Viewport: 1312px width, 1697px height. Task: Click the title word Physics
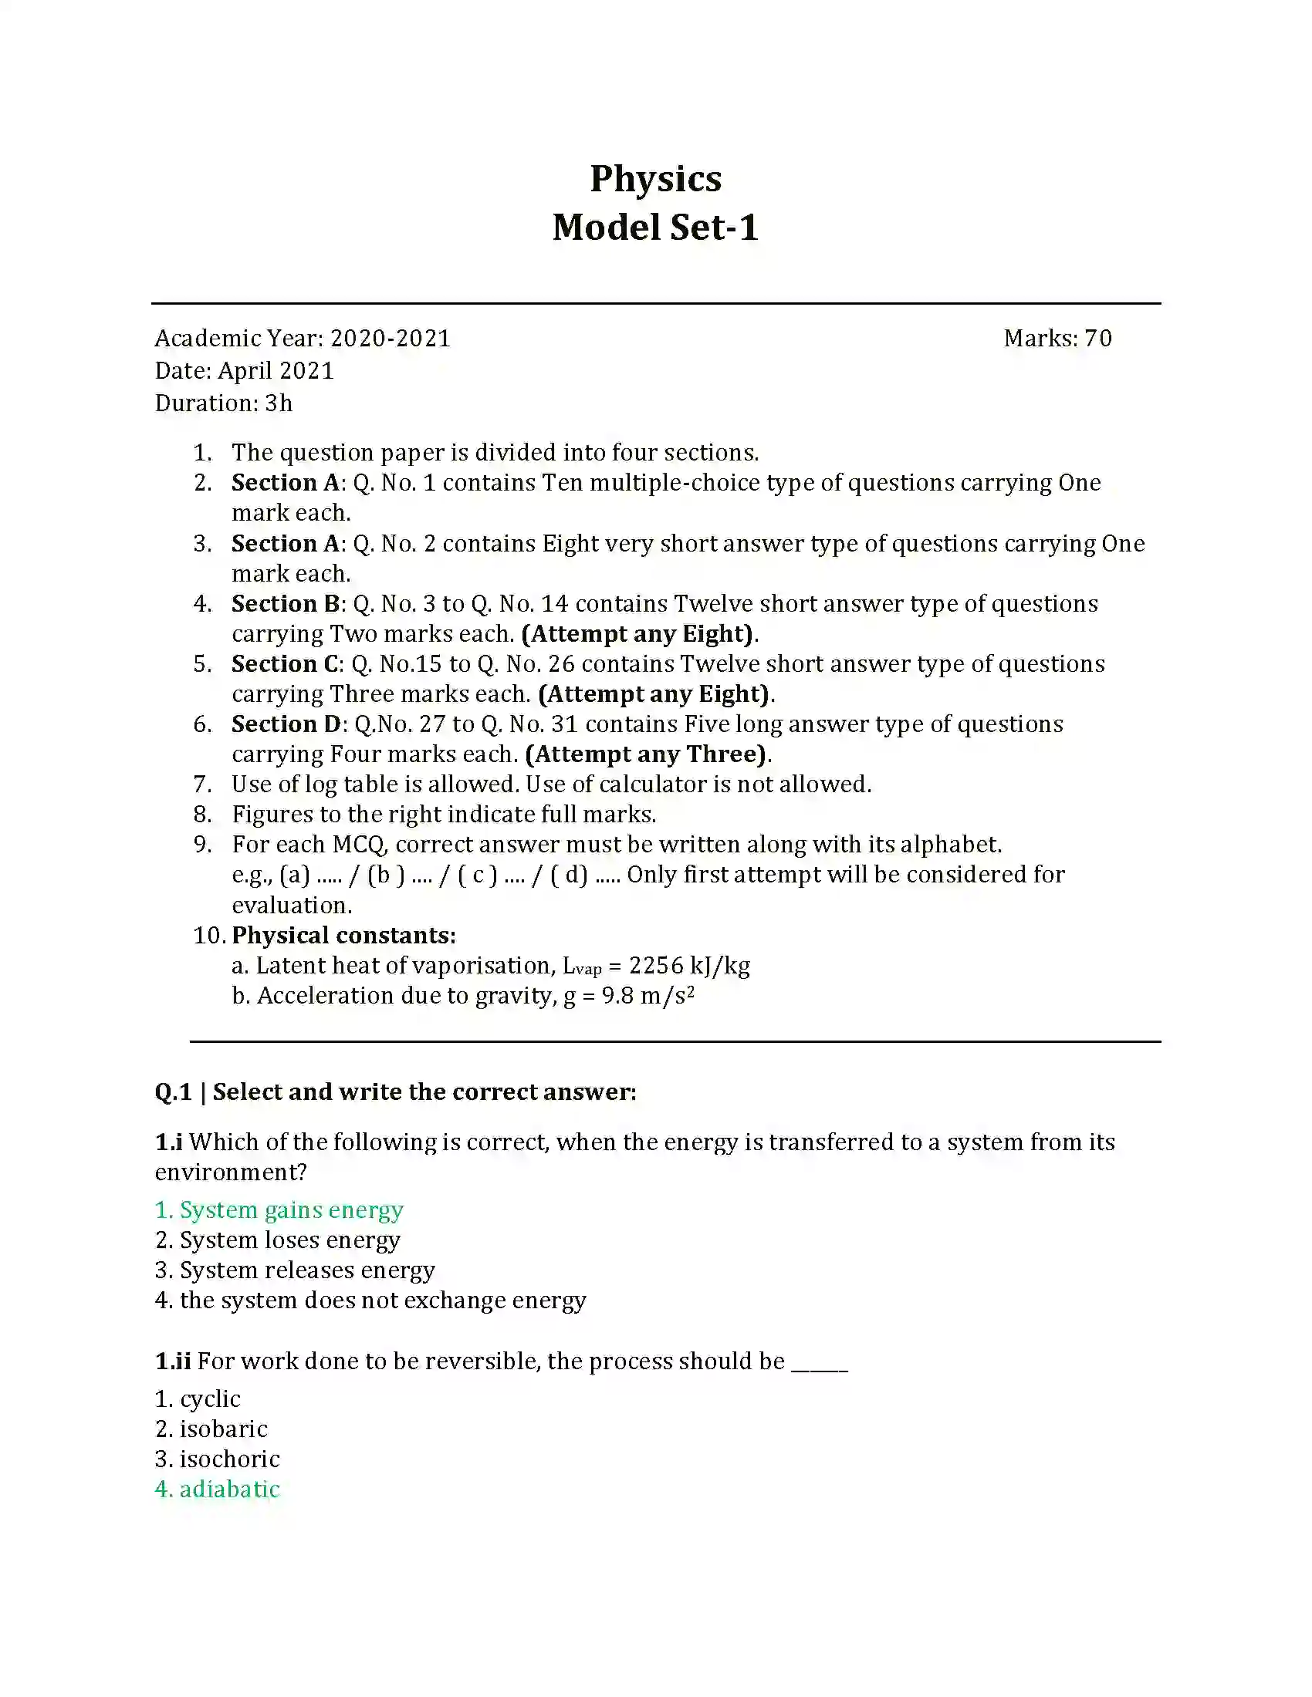click(655, 179)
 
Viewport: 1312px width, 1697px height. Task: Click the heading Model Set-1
click(655, 228)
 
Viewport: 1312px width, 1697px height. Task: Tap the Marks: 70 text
click(1057, 338)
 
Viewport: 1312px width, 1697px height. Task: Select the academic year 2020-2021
click(391, 338)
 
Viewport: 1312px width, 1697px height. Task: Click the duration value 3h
click(279, 403)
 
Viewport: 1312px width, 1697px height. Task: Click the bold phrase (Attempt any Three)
click(647, 754)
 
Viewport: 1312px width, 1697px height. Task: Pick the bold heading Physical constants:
click(343, 936)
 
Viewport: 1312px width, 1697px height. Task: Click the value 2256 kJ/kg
click(688, 966)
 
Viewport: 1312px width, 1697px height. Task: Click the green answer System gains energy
click(291, 1209)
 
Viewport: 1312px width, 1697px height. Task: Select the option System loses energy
click(289, 1240)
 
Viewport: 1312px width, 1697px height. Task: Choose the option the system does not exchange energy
click(382, 1301)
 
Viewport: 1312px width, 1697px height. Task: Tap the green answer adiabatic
click(229, 1490)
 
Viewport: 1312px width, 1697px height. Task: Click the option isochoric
click(229, 1459)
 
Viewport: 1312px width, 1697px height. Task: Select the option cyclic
click(210, 1399)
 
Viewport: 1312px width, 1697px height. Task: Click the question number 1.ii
click(173, 1361)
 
